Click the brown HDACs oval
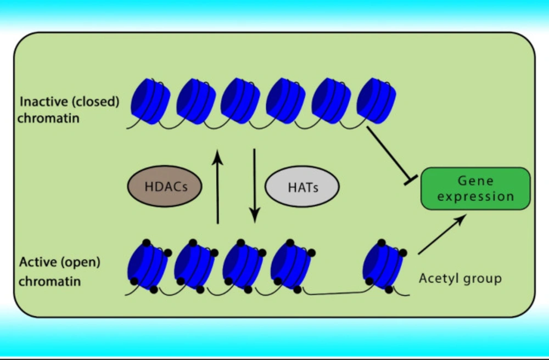pyautogui.click(x=165, y=186)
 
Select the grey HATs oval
pyautogui.click(x=302, y=187)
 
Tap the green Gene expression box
pyautogui.click(x=475, y=189)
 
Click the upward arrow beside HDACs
pyautogui.click(x=218, y=187)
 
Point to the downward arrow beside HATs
pyautogui.click(x=255, y=186)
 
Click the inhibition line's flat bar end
pyautogui.click(x=411, y=180)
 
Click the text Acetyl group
pyautogui.click(x=461, y=279)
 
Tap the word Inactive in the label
pyautogui.click(x=44, y=102)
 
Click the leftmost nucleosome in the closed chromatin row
pyautogui.click(x=150, y=101)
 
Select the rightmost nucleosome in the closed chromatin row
pyautogui.click(x=377, y=101)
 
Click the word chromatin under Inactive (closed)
pyautogui.click(x=48, y=119)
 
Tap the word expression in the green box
pyautogui.click(x=475, y=197)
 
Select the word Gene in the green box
pyautogui.click(x=475, y=181)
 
